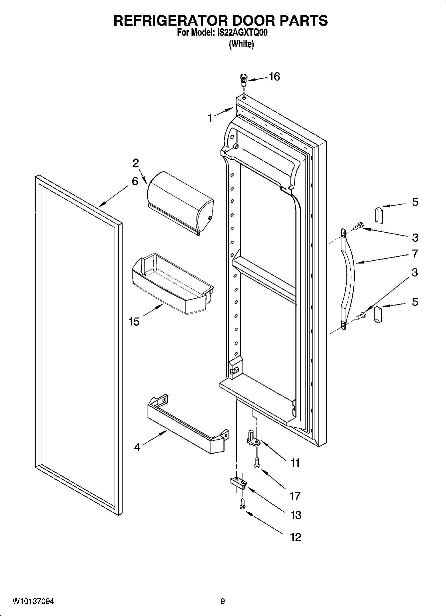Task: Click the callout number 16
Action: coord(274,77)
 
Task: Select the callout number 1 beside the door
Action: coord(210,118)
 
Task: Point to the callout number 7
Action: coord(415,254)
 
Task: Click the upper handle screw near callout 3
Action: coord(358,226)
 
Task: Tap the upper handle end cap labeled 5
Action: coord(379,215)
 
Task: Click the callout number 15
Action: coord(134,321)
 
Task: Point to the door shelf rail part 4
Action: coord(187,423)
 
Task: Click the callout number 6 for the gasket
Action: coord(135,181)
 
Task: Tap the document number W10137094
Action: coord(33,601)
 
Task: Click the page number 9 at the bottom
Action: coord(223,601)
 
